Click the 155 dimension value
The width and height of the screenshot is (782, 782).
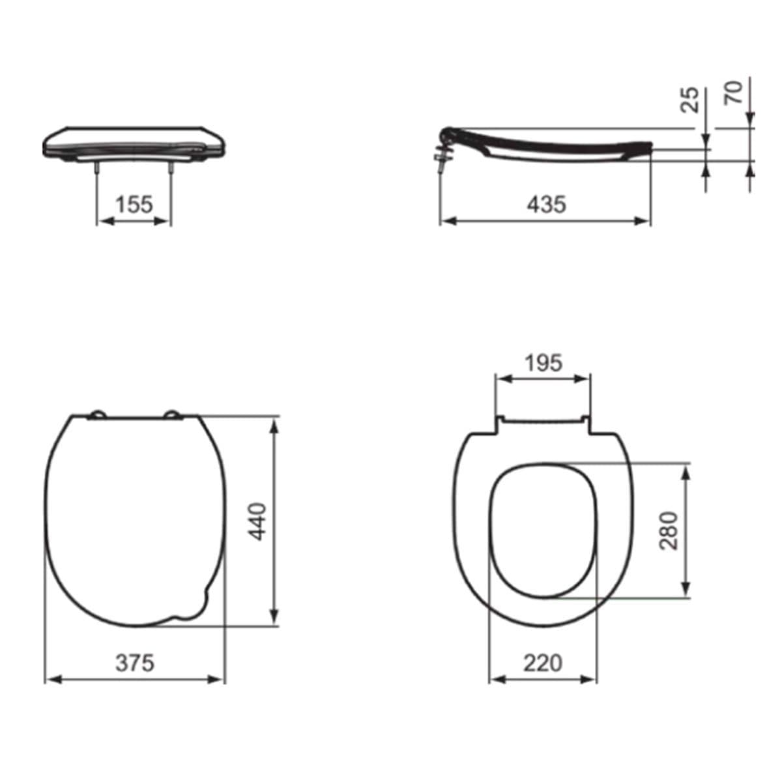coord(135,204)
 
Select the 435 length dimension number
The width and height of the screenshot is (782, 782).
coord(546,204)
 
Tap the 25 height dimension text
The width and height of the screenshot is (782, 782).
coord(690,100)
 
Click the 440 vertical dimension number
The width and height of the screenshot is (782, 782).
coord(257,521)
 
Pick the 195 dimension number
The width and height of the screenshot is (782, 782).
coord(543,363)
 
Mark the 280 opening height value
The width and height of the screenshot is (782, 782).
coord(669,531)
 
